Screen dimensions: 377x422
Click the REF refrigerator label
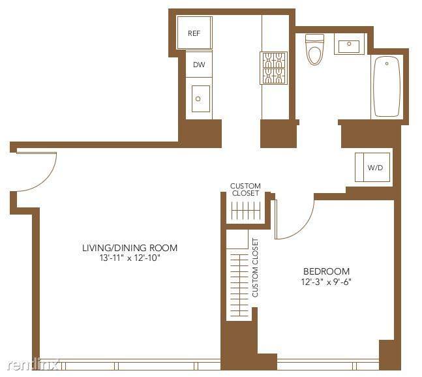coord(194,33)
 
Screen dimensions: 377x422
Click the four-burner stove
coord(274,68)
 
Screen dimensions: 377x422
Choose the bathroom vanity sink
coord(348,45)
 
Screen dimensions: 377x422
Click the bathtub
coord(386,87)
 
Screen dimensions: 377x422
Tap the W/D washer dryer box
coord(375,168)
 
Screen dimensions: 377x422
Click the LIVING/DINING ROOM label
coord(130,248)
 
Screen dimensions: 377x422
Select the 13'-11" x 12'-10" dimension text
coord(130,258)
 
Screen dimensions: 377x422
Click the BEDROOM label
coord(326,271)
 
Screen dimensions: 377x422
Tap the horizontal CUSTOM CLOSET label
coord(245,190)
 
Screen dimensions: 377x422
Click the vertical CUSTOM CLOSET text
coord(255,267)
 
